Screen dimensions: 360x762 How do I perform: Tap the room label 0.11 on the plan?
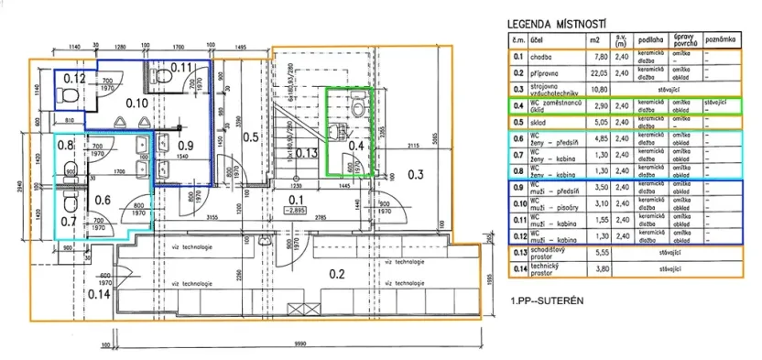coord(180,67)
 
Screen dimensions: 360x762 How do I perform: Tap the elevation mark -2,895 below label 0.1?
coord(296,210)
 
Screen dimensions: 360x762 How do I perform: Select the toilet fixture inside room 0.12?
coord(64,95)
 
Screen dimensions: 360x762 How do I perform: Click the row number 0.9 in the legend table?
coord(517,187)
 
